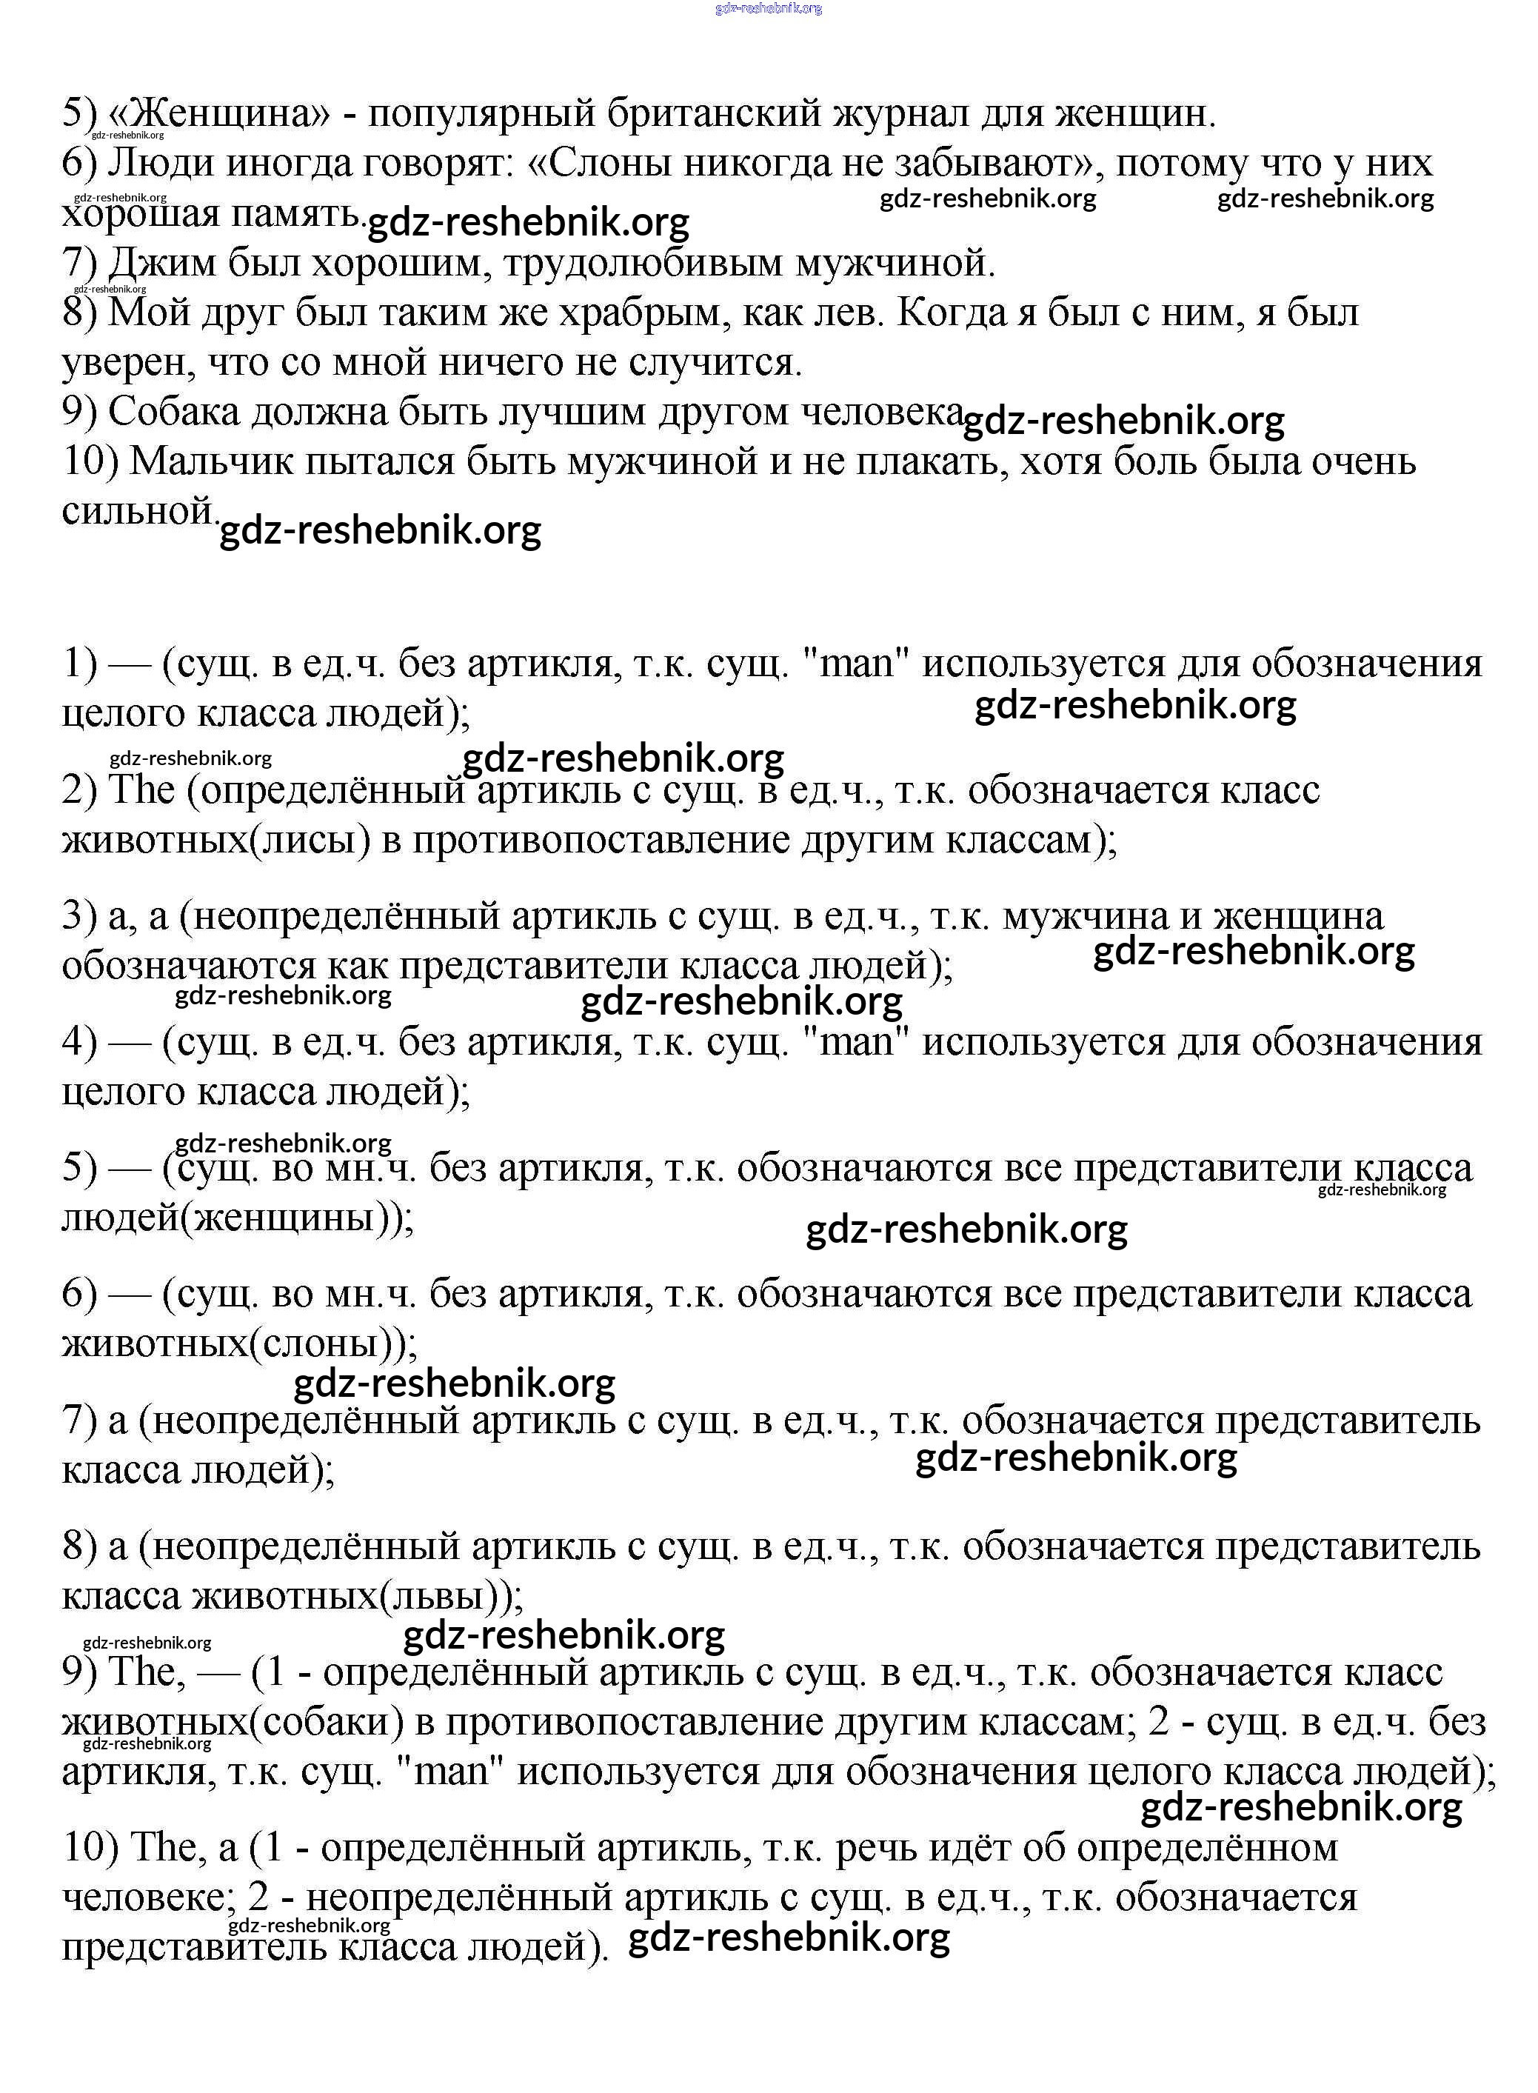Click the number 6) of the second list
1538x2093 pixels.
point(79,1293)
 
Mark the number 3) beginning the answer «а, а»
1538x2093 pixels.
point(79,916)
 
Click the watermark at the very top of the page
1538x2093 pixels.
point(768,8)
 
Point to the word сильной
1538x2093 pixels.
point(138,510)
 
